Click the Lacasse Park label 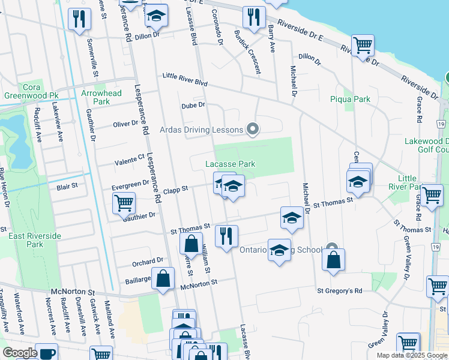pyautogui.click(x=231, y=164)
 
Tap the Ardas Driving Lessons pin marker pyautogui.click(x=253, y=129)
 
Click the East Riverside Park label pyautogui.click(x=35, y=240)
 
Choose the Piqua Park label pyautogui.click(x=350, y=99)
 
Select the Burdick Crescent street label pyautogui.click(x=247, y=52)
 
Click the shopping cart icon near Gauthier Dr pyautogui.click(x=124, y=203)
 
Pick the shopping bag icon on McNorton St pyautogui.click(x=163, y=279)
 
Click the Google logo pyautogui.click(x=20, y=353)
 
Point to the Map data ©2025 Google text pyautogui.click(x=412, y=355)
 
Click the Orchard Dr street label pyautogui.click(x=148, y=261)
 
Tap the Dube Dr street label pyautogui.click(x=193, y=105)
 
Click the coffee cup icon pyautogui.click(x=46, y=353)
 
